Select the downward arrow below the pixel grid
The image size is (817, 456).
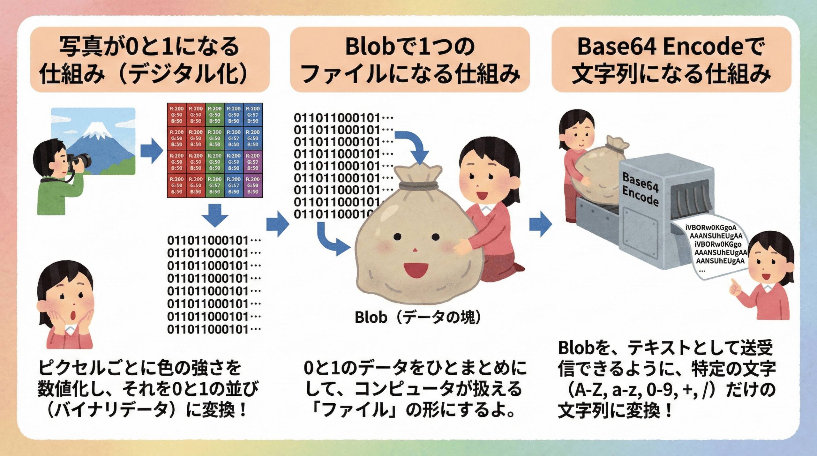pyautogui.click(x=215, y=215)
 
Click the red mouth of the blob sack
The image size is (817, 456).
pyautogui.click(x=416, y=270)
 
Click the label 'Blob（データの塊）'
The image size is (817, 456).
pyautogui.click(x=418, y=317)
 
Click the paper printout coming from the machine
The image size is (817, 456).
pyautogui.click(x=715, y=249)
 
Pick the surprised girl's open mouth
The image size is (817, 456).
pyautogui.click(x=73, y=315)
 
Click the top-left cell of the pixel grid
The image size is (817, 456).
pyautogui.click(x=176, y=115)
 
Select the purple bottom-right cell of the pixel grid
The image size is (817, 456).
pyautogui.click(x=253, y=185)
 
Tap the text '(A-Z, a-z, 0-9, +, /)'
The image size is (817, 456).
pyautogui.click(x=635, y=389)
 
